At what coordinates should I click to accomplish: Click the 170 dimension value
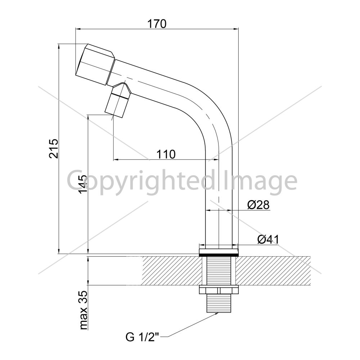coord(157,24)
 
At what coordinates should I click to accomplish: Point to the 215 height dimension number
coord(54,149)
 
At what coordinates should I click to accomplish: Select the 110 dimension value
coord(166,154)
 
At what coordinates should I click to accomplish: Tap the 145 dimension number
coord(83,184)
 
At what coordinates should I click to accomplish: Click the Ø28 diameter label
coord(258,205)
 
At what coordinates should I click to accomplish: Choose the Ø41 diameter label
coord(268,240)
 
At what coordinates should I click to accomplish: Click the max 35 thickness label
coord(84,310)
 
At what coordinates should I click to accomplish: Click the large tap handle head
coord(95,64)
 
